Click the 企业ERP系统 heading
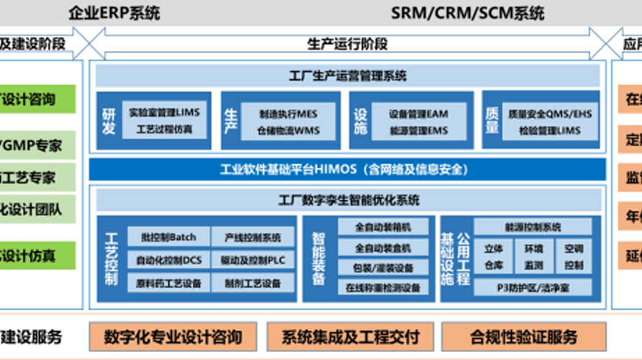(114, 12)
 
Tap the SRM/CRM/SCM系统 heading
(468, 12)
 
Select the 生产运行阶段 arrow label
(347, 44)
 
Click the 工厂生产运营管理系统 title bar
(347, 76)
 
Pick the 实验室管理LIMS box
(165, 112)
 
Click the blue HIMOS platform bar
(347, 170)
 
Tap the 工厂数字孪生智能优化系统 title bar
(347, 199)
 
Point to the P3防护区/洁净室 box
(533, 287)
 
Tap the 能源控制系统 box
(533, 228)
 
